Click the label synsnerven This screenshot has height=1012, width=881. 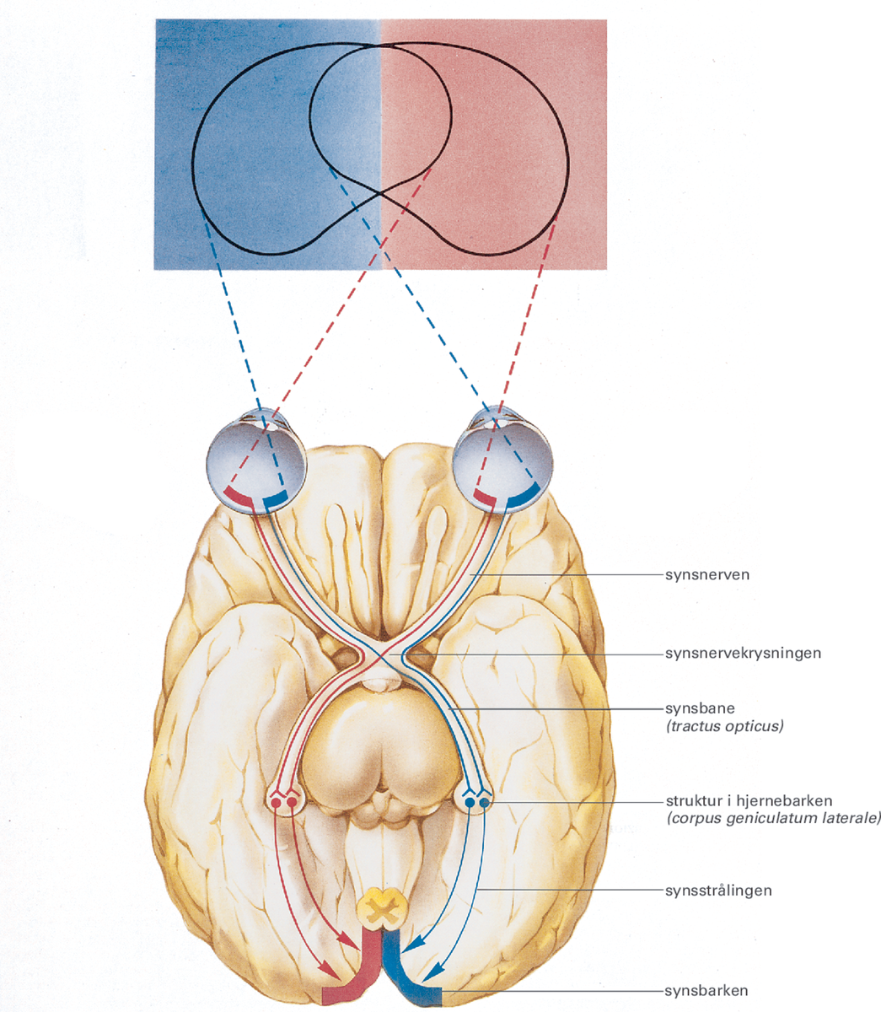[x=707, y=576]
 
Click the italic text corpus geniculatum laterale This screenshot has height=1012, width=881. [x=773, y=818]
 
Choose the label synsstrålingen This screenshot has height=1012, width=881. [x=719, y=890]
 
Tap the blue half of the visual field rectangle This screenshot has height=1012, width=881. [x=253, y=143]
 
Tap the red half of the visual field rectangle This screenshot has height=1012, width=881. [x=506, y=143]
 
